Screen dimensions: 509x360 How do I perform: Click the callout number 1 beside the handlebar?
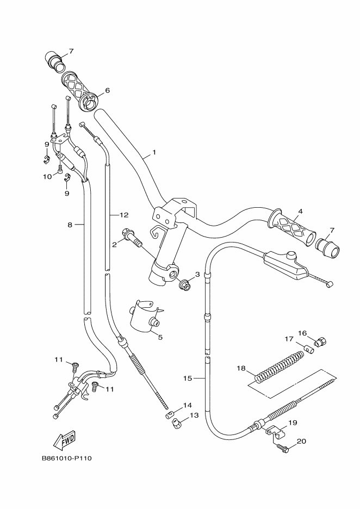[154, 153]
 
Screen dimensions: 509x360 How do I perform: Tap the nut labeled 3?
[184, 283]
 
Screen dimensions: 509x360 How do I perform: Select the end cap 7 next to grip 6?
[56, 59]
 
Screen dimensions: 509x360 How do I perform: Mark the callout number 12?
[124, 214]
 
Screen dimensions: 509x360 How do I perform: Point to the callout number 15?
[187, 377]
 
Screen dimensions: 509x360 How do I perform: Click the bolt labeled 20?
[282, 448]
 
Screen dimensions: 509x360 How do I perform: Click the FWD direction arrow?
[64, 438]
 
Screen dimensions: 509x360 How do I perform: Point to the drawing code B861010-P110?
[66, 458]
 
